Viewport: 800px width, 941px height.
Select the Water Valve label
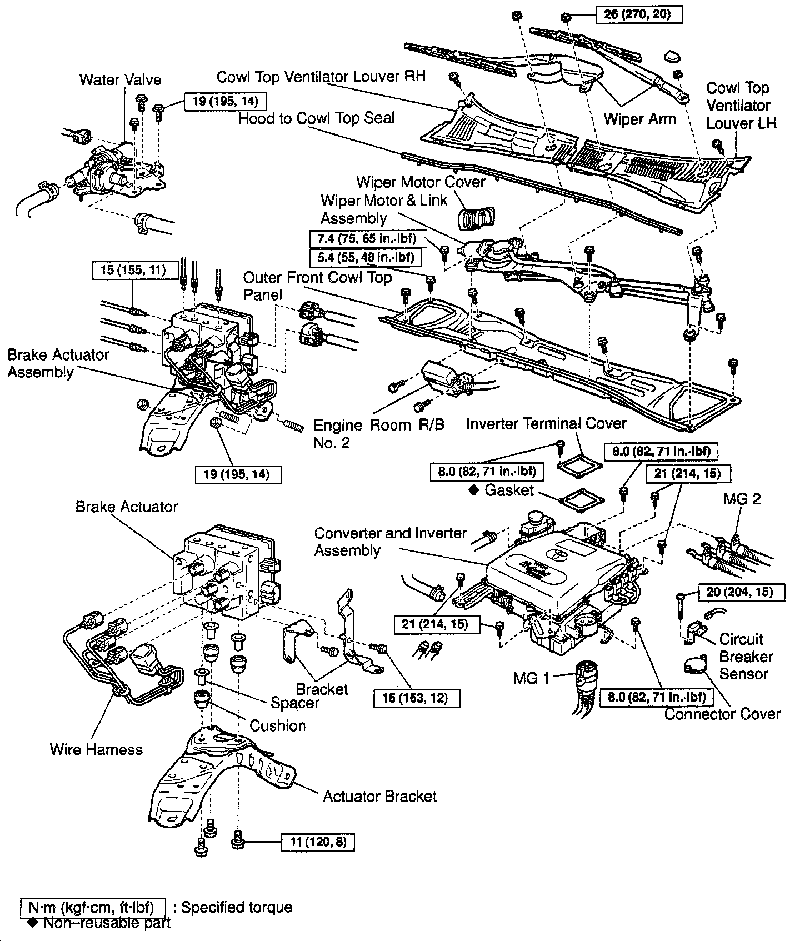pyautogui.click(x=120, y=79)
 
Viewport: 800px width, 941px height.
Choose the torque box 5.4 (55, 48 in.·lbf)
pyautogui.click(x=364, y=257)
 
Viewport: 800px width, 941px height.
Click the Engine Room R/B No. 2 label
pyautogui.click(x=379, y=434)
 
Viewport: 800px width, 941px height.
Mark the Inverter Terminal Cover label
pyautogui.click(x=546, y=424)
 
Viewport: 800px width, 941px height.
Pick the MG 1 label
pyautogui.click(x=531, y=678)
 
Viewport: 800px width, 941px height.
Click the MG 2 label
pyautogui.click(x=742, y=499)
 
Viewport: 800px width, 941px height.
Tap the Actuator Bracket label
pyautogui.click(x=380, y=796)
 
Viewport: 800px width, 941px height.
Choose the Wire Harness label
pyautogui.click(x=96, y=749)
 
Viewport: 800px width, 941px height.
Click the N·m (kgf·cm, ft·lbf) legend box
pyautogui.click(x=93, y=908)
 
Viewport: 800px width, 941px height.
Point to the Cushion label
pyautogui.click(x=277, y=725)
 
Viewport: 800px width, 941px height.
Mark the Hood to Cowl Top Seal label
pyautogui.click(x=316, y=118)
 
